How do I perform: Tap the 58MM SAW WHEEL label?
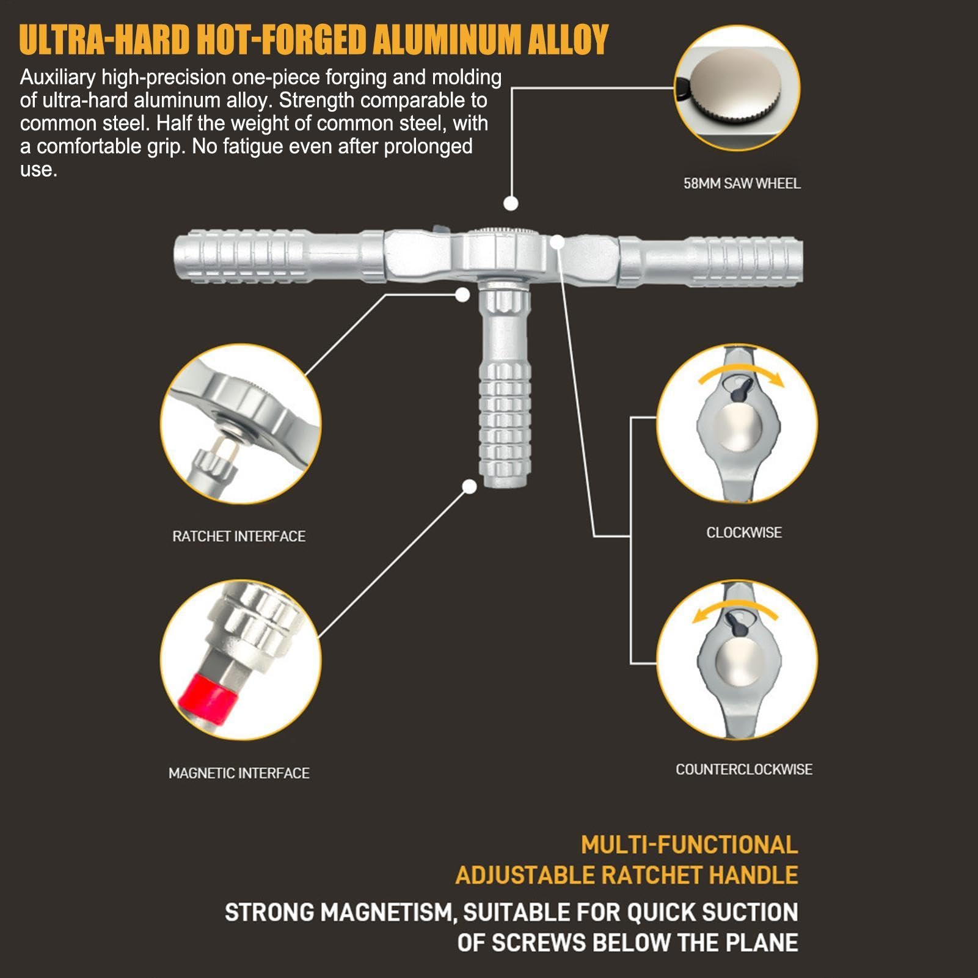[x=742, y=183]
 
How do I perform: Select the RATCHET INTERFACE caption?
[x=239, y=536]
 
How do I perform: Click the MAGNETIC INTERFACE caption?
[x=239, y=773]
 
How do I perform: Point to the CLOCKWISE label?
[x=744, y=533]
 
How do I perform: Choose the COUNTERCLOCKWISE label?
[x=744, y=770]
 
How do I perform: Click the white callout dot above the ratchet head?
[x=511, y=203]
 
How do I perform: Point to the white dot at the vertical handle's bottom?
[x=469, y=486]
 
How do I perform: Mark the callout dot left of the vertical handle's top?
[x=462, y=294]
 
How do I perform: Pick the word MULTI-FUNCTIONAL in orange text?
[x=689, y=845]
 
